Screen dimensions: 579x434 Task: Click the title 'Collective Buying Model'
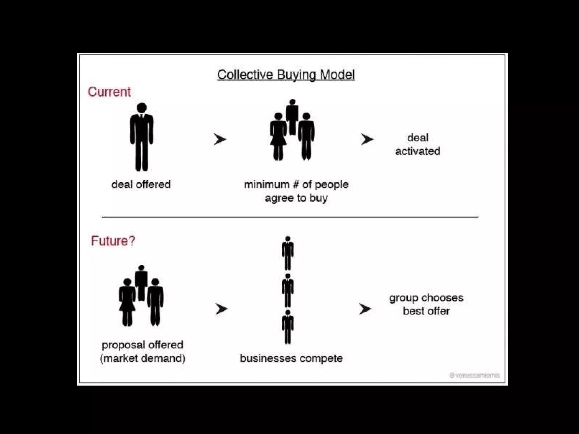(x=286, y=75)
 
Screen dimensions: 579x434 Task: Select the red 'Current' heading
(x=109, y=92)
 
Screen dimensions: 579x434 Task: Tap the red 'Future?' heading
(x=113, y=241)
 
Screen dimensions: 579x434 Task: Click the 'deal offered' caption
(x=141, y=185)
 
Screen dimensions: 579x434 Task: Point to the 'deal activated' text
(x=418, y=144)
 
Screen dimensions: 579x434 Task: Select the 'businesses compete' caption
(x=291, y=358)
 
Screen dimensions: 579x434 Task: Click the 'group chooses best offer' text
(x=426, y=304)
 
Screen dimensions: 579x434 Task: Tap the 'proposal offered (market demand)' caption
(x=142, y=351)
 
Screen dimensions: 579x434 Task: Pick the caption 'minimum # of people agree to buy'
(x=296, y=191)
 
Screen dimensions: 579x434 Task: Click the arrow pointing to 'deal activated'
(x=367, y=139)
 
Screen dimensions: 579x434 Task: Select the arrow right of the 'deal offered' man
(x=220, y=139)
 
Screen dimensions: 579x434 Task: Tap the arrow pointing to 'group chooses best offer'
(x=365, y=309)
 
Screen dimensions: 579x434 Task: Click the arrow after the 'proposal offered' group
(x=221, y=309)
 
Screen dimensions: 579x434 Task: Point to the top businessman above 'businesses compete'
(x=288, y=253)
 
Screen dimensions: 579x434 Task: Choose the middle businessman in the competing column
(x=288, y=290)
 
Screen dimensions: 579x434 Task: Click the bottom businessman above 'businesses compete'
(x=288, y=327)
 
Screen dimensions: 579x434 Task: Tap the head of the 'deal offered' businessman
(x=142, y=108)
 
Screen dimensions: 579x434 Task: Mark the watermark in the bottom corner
(x=474, y=375)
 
